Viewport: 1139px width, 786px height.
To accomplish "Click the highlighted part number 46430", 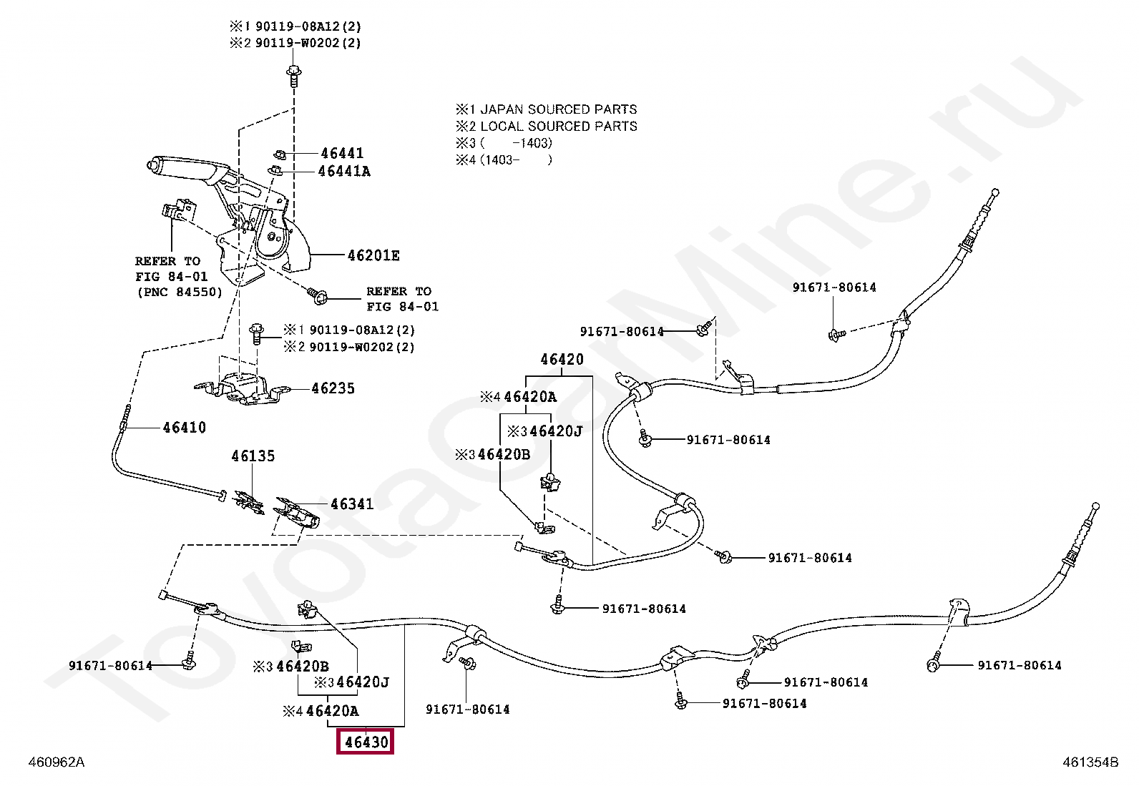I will (x=366, y=742).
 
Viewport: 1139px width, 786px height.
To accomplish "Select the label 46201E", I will (x=373, y=255).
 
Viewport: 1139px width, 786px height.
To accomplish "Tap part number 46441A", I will (x=344, y=171).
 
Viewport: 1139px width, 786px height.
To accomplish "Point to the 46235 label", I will (x=333, y=388).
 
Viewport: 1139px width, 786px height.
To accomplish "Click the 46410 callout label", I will (x=184, y=428).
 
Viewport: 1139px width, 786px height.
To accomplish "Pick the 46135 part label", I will (x=253, y=456).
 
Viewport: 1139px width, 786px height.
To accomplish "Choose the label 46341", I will (x=351, y=504).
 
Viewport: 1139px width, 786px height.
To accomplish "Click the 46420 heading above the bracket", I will (x=562, y=359).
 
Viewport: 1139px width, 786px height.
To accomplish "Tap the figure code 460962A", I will (x=56, y=762).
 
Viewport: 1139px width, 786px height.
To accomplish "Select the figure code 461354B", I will (x=1090, y=762).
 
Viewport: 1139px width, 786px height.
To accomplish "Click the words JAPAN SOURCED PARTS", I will (x=558, y=109).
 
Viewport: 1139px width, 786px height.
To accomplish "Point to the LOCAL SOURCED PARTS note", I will (x=558, y=127).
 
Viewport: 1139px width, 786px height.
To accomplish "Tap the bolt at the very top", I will (x=293, y=73).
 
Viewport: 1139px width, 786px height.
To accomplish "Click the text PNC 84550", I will (x=179, y=292).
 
